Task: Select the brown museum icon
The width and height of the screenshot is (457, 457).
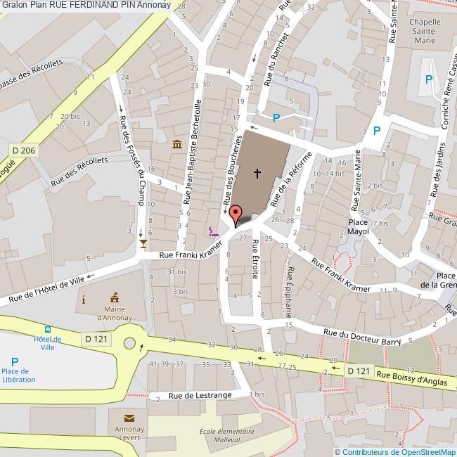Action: click(176, 144)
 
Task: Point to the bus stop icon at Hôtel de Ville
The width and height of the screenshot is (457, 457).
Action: click(48, 330)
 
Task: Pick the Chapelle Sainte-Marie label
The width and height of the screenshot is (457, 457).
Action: click(424, 32)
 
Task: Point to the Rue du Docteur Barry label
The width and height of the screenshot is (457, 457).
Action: click(362, 337)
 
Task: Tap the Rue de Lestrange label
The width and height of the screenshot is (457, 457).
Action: click(200, 395)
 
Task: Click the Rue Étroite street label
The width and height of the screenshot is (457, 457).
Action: click(256, 259)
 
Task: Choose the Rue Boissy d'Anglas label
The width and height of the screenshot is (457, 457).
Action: click(412, 378)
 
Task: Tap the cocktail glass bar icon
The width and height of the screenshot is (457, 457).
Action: click(143, 243)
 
